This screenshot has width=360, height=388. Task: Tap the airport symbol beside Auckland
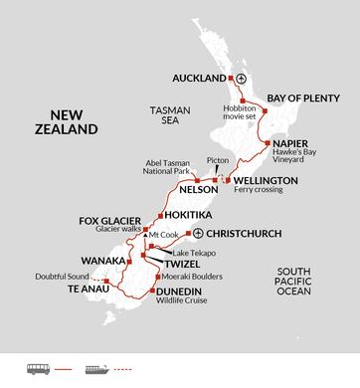pyautogui.click(x=240, y=78)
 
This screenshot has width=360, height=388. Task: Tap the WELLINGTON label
pyautogui.click(x=265, y=180)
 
